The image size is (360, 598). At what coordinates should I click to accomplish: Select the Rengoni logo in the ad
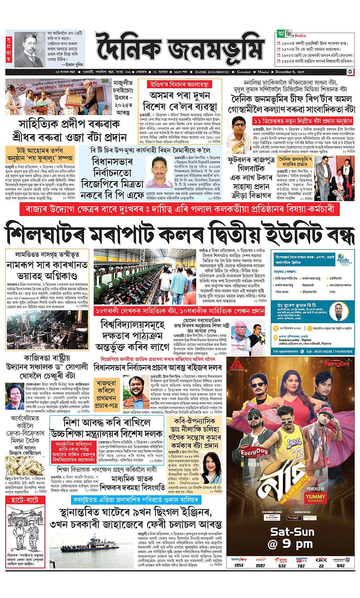point(334,364)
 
